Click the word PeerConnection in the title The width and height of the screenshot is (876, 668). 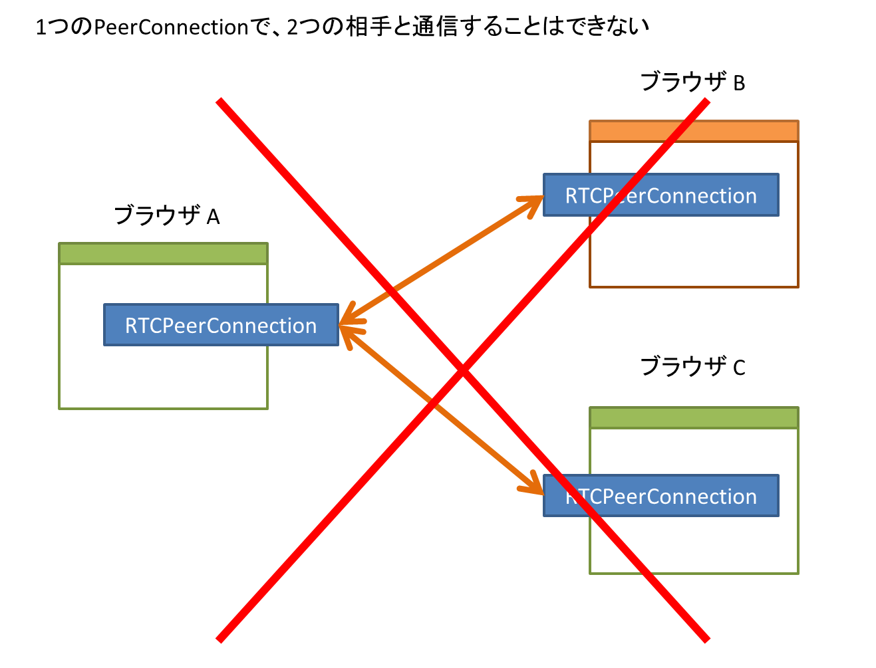pos(171,27)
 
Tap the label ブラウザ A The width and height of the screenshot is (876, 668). pos(166,216)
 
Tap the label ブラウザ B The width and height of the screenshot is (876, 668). pos(692,82)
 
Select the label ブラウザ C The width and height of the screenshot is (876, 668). pos(692,366)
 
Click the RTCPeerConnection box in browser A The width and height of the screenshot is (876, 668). pos(221,326)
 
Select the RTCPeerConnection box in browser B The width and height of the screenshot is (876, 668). pos(660,195)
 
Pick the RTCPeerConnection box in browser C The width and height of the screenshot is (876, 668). pos(660,496)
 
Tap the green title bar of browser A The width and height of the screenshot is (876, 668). pos(163,254)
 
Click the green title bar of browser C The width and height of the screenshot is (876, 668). pos(694,418)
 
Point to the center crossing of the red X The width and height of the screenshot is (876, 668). pos(463,370)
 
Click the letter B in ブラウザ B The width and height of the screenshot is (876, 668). pos(739,84)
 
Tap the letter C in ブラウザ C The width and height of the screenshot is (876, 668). pos(739,368)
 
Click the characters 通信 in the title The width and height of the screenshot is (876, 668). pos(434,27)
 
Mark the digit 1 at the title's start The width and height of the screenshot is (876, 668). pos(41,28)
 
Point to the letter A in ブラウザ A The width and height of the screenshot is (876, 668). pos(213,217)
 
